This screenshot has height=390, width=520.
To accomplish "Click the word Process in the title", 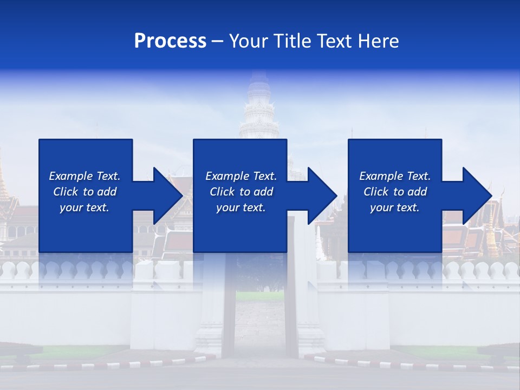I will coord(170,41).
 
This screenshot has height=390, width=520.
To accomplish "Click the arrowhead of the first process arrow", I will coord(166,196).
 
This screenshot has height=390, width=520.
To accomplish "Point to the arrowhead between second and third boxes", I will coord(321,196).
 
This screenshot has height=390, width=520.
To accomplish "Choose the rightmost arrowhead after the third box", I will coord(476,196).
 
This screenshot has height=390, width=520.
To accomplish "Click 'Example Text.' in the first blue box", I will coord(84,176).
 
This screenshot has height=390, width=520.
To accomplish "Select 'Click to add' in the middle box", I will coord(241,192).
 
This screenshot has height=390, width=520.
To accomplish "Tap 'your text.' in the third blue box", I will coord(395,207).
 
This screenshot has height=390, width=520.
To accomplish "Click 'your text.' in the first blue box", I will coord(84,207).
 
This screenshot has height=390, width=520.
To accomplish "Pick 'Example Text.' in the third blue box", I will coord(395,176).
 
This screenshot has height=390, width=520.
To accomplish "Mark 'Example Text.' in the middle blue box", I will coord(241,176).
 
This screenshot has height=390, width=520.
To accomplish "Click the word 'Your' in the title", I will coord(249,41).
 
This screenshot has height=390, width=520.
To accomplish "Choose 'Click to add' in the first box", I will coord(84,192).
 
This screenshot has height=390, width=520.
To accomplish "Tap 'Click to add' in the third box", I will coord(395,192).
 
